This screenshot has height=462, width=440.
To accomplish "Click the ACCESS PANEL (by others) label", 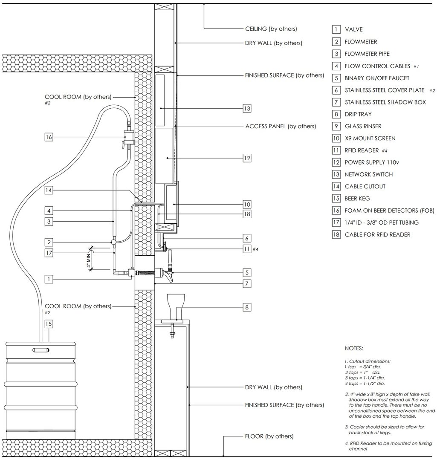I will click(281, 127).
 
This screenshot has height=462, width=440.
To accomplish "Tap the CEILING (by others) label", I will click(271, 29).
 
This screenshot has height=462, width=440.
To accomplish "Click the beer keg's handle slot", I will click(41, 350).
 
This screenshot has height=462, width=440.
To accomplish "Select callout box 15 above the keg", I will click(49, 324).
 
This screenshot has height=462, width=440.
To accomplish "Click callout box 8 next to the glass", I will click(247, 306).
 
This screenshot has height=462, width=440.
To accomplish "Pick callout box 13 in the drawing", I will click(247, 109).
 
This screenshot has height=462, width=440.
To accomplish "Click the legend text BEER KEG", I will click(357, 199).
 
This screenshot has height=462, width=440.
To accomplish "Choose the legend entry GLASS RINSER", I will click(363, 126).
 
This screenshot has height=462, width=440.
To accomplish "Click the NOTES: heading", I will click(354, 348).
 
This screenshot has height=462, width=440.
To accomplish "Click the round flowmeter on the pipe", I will click(114, 242).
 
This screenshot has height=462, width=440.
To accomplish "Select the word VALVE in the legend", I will click(353, 29).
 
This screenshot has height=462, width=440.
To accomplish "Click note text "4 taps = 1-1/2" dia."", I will click(365, 383).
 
